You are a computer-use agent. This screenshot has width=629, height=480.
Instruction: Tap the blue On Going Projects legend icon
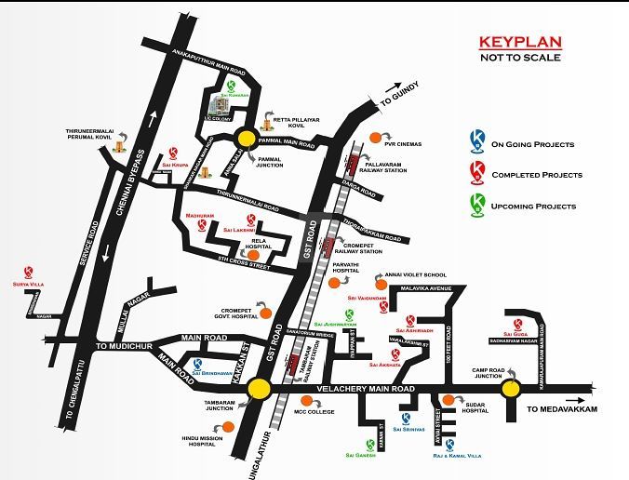477,142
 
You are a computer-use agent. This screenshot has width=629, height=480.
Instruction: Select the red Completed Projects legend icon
477,172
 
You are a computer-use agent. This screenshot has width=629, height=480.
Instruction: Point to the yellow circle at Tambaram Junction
259,390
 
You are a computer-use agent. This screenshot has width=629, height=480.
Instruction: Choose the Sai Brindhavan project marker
197,365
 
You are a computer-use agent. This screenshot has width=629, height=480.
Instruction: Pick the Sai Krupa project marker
173,153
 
